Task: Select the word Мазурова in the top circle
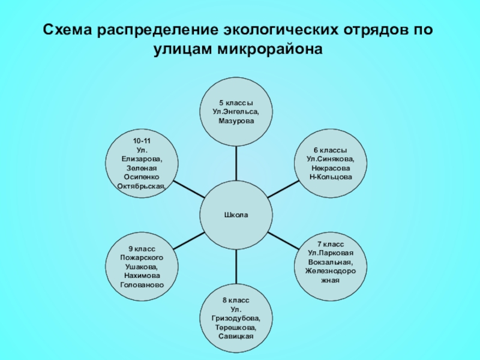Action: (x=236, y=121)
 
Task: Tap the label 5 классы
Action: (x=236, y=104)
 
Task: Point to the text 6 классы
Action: (x=330, y=150)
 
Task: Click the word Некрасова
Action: (x=330, y=168)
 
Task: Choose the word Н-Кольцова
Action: (x=330, y=177)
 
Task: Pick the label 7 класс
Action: (x=330, y=245)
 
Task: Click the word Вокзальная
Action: (x=330, y=263)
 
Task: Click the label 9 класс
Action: (x=142, y=248)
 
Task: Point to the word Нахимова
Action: (x=142, y=275)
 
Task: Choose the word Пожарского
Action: (x=142, y=257)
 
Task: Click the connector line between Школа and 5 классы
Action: (x=236, y=163)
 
